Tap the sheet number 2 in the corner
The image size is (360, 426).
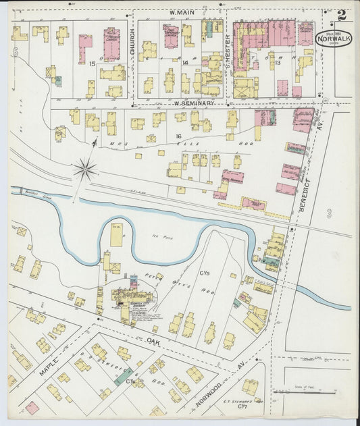pos(343,15)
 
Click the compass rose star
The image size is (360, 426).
pos(86,169)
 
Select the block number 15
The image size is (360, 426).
pos(91,63)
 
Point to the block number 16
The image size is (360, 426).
pos(180,136)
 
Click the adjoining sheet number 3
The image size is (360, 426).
pos(329,213)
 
